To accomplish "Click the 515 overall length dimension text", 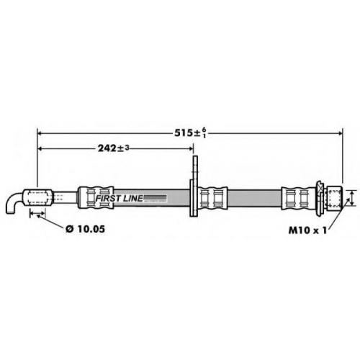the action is [x=190, y=132].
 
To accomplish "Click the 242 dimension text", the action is [x=114, y=148].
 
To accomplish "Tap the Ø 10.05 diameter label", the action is [x=85, y=229].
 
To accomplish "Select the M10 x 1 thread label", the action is [x=307, y=230].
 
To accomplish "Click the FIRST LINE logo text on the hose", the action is [x=119, y=198].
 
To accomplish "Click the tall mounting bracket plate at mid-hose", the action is [x=194, y=186].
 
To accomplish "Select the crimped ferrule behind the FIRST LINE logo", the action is [x=96, y=198].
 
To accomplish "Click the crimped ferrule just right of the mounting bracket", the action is [x=213, y=198].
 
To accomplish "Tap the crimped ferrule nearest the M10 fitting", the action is [x=298, y=198].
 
